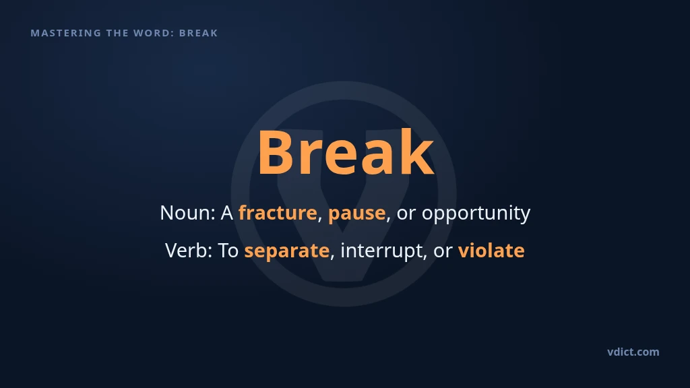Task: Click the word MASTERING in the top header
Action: pos(66,33)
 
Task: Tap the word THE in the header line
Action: pos(117,33)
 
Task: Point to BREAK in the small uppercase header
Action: pos(199,33)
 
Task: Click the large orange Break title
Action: pos(346,153)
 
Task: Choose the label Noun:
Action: pos(187,213)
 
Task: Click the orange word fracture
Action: pos(278,213)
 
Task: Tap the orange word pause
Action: pos(357,214)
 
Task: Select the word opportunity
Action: pos(476,214)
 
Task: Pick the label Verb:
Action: pos(189,251)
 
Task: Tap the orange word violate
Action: pos(491,251)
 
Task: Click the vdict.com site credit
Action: pos(633,352)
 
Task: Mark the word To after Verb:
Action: pos(228,251)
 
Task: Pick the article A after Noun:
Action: pos(226,213)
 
